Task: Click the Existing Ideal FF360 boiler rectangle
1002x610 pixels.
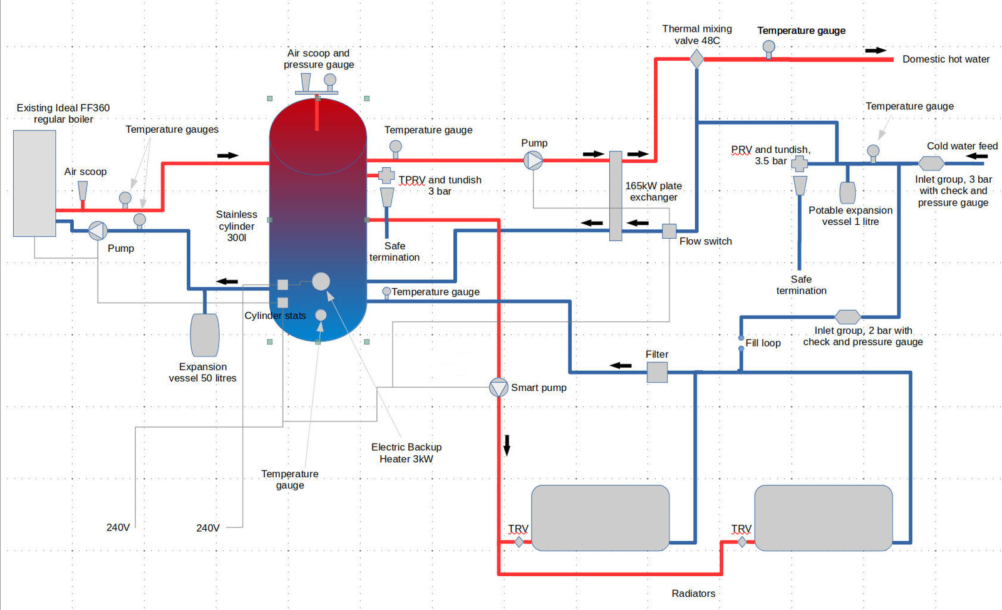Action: pos(34,183)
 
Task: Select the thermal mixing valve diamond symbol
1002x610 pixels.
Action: pos(696,59)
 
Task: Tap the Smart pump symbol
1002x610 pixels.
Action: pos(498,388)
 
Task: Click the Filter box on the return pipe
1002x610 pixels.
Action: pos(657,372)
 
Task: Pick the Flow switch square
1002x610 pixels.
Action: pos(669,230)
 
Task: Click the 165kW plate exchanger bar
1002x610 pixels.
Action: pos(616,195)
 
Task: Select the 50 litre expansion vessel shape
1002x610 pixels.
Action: pos(204,335)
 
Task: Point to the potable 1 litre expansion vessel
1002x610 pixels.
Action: pos(847,192)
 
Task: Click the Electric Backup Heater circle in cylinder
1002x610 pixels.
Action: pos(321,281)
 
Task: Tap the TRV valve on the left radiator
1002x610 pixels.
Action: pos(519,542)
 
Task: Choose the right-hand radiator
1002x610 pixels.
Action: pos(823,517)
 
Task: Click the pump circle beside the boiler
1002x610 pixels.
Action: pos(97,230)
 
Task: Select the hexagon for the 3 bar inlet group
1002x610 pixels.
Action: pos(931,163)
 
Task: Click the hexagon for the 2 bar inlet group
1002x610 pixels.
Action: pos(847,317)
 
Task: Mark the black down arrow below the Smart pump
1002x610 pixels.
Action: pos(507,445)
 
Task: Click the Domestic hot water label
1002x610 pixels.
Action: pos(946,59)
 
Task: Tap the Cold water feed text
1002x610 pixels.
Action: pos(962,146)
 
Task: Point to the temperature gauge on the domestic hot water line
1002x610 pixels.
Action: pos(768,48)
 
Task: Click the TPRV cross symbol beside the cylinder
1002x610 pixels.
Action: pos(386,175)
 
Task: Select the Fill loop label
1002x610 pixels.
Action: pos(763,343)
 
